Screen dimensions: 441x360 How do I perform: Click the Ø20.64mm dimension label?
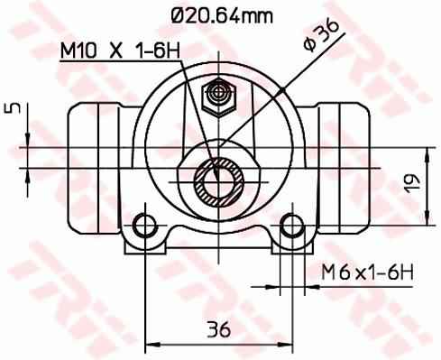click(x=222, y=15)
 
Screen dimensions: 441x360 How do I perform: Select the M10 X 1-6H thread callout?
click(x=120, y=51)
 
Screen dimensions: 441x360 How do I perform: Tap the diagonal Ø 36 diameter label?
click(x=321, y=36)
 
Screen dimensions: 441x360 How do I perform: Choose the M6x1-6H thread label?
click(x=367, y=272)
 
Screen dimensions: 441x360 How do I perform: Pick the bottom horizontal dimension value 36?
click(x=218, y=328)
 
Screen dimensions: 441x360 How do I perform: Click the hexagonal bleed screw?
click(x=218, y=97)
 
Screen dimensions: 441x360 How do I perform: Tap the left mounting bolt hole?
click(x=145, y=226)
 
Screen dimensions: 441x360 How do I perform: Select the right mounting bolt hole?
click(x=292, y=226)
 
